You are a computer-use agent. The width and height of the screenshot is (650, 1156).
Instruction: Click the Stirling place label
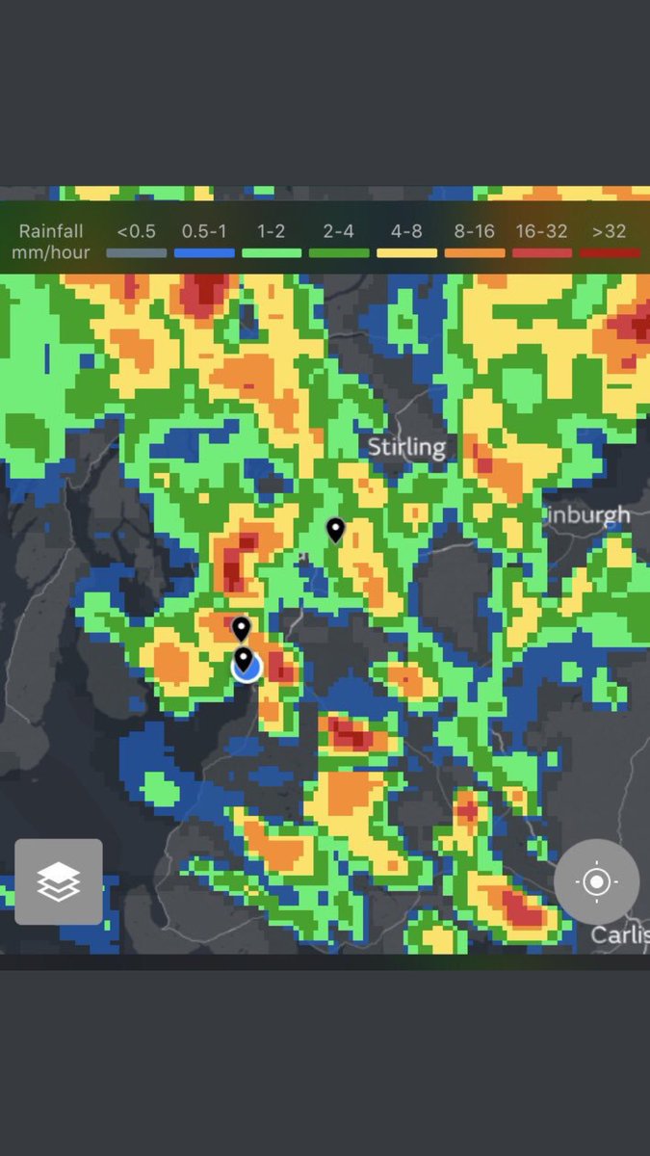(407, 447)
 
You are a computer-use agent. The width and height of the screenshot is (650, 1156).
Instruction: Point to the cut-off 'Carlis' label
(619, 934)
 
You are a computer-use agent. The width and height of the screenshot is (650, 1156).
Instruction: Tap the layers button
(59, 881)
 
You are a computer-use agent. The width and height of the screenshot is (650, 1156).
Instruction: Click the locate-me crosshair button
(596, 881)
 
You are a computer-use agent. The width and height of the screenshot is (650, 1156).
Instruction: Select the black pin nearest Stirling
(335, 529)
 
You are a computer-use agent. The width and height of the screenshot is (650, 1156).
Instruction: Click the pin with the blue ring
(245, 662)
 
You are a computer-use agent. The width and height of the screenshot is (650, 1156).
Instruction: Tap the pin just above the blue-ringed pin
(241, 629)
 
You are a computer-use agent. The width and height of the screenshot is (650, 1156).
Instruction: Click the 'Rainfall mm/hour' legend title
(51, 242)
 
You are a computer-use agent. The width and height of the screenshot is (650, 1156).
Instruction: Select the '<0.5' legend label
(136, 232)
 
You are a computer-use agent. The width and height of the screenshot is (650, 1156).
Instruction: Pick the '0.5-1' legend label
(204, 232)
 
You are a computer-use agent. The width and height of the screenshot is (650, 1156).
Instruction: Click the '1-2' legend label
(272, 232)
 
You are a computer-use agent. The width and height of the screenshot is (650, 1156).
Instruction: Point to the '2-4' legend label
(339, 232)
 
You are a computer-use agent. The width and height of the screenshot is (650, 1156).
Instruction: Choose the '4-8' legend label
(406, 232)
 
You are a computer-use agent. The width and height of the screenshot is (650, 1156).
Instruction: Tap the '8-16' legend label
(475, 232)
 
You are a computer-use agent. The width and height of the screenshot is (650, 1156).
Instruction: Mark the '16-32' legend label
(541, 232)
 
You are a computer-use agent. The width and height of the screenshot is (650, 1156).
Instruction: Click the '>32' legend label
(610, 232)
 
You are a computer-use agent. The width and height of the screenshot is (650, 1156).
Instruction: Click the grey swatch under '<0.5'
(136, 253)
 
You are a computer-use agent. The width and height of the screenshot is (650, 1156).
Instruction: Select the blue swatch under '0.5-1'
(204, 253)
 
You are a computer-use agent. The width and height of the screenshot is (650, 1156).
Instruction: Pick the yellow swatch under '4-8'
(406, 253)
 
